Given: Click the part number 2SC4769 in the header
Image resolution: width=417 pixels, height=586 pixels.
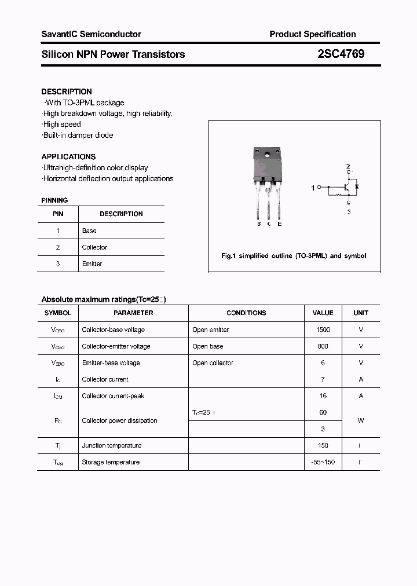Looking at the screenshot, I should [x=341, y=54].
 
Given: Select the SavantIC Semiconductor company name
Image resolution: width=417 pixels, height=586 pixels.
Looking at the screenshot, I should [x=91, y=34].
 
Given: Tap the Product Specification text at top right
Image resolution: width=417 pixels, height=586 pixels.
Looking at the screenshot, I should [x=312, y=34].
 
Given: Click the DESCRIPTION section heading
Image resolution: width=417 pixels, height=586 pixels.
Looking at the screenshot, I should [x=67, y=91].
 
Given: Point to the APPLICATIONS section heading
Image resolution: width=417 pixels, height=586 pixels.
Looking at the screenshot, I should [x=68, y=156].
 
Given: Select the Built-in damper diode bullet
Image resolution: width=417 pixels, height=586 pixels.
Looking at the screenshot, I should [x=78, y=135].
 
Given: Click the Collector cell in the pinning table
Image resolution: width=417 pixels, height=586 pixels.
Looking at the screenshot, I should [x=94, y=247].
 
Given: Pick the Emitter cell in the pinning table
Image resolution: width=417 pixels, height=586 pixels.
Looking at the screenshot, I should [x=92, y=263].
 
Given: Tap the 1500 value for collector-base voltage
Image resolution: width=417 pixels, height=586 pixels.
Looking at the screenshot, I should [x=323, y=329].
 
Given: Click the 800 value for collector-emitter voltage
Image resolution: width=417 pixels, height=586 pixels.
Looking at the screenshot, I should [x=323, y=346].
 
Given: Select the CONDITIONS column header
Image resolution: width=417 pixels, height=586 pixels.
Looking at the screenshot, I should [x=246, y=313].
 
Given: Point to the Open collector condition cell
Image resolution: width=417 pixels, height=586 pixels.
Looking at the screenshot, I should [x=213, y=363].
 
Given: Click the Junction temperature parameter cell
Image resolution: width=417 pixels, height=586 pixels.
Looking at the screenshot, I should [x=111, y=445].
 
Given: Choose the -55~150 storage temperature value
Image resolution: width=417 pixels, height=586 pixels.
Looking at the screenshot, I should [x=323, y=462].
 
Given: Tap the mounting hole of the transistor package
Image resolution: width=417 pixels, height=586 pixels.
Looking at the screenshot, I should [x=268, y=154].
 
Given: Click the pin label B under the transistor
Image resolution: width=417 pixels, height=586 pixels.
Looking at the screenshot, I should [x=259, y=224].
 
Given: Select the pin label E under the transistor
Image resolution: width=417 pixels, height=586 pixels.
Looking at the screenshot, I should [x=279, y=224].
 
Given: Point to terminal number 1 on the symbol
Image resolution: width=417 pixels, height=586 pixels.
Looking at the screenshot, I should [x=313, y=188].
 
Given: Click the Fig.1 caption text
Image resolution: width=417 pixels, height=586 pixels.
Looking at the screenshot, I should [x=294, y=255].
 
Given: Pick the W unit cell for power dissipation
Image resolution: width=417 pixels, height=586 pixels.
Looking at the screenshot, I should [x=360, y=420].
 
